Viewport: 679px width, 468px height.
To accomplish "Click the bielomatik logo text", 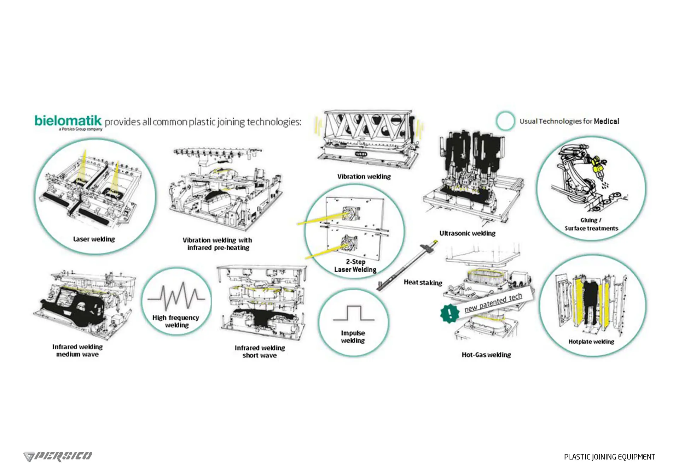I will [x=68, y=121].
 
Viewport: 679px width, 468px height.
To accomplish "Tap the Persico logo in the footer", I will [x=58, y=456].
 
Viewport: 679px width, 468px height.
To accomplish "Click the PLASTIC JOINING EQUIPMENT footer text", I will [x=609, y=457].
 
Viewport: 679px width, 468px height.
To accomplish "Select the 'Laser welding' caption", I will [x=94, y=239].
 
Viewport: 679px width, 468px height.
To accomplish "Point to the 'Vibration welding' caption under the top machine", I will [x=364, y=177].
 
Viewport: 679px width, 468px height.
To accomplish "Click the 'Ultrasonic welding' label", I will [x=467, y=233].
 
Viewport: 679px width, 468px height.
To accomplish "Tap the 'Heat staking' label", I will [x=423, y=283].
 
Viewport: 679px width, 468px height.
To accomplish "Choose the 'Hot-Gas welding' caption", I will [x=486, y=355].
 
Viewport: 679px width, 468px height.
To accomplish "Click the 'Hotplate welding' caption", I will [x=591, y=342].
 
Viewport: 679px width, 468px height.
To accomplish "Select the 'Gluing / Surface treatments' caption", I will [x=591, y=224].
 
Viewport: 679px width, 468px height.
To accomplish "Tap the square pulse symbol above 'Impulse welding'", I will [x=354, y=313].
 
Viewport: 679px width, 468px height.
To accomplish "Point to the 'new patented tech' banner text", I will [x=493, y=303].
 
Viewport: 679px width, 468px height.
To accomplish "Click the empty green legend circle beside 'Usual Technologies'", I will [x=505, y=121].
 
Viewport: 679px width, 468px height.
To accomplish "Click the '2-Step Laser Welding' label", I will [x=355, y=266].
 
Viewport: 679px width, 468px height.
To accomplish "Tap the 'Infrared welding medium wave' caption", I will [x=77, y=350].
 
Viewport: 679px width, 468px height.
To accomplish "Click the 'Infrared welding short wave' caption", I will [x=260, y=351].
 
